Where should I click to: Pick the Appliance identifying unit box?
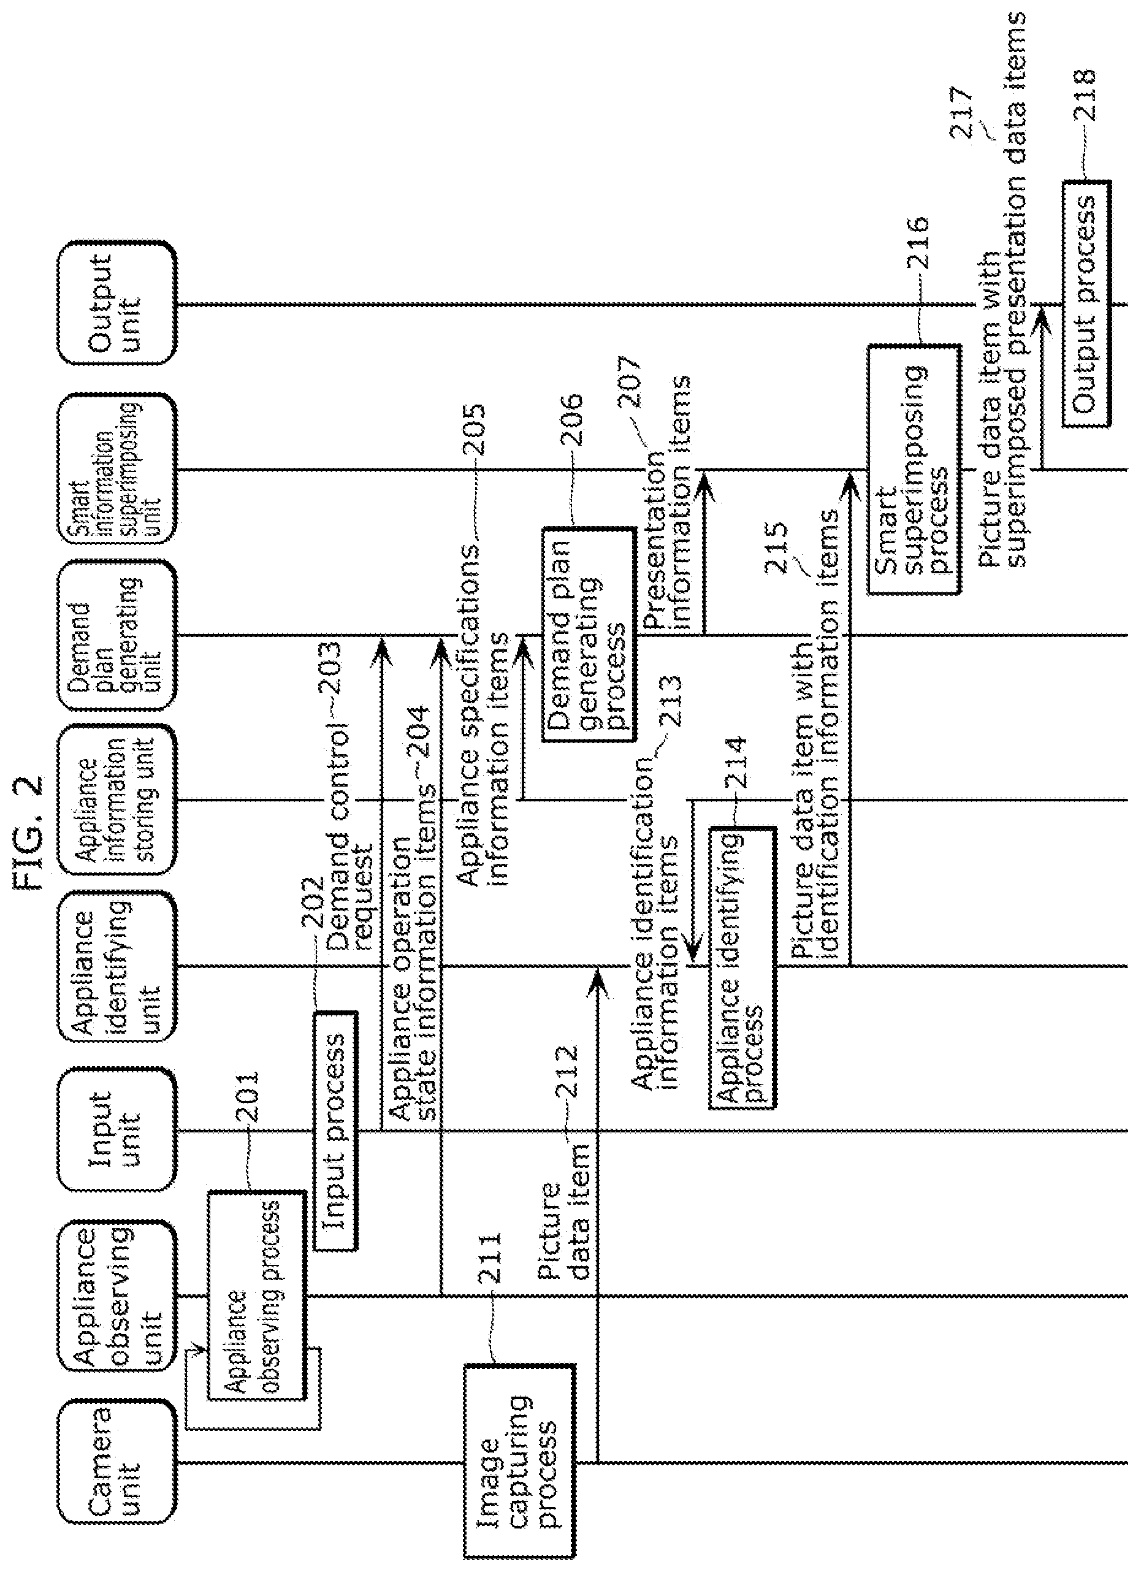click(x=116, y=966)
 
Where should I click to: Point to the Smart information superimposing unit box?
click(x=116, y=468)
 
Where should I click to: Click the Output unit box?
click(x=116, y=303)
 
